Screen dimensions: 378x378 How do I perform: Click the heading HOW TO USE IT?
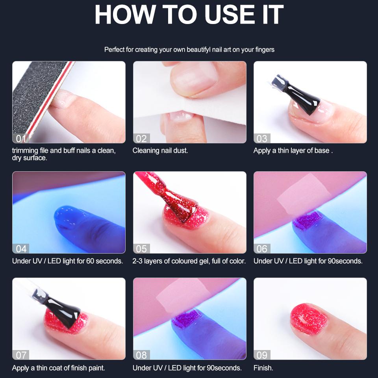(x=189, y=15)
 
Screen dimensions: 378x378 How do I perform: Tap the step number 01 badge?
(x=21, y=138)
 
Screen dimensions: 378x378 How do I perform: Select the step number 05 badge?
(x=141, y=248)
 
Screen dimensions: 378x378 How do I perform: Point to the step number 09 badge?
(x=262, y=355)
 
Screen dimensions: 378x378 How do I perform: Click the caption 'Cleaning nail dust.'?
(x=160, y=151)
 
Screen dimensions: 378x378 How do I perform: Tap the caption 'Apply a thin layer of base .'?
(x=293, y=151)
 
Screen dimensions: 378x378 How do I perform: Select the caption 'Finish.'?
(x=263, y=368)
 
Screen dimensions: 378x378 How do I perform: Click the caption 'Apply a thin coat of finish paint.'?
(x=59, y=368)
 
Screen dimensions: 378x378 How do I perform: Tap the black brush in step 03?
(x=296, y=94)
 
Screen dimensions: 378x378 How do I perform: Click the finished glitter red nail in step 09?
(x=309, y=319)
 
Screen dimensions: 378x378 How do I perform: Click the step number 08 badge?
(x=141, y=355)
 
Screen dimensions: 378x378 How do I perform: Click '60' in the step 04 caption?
(x=90, y=261)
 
